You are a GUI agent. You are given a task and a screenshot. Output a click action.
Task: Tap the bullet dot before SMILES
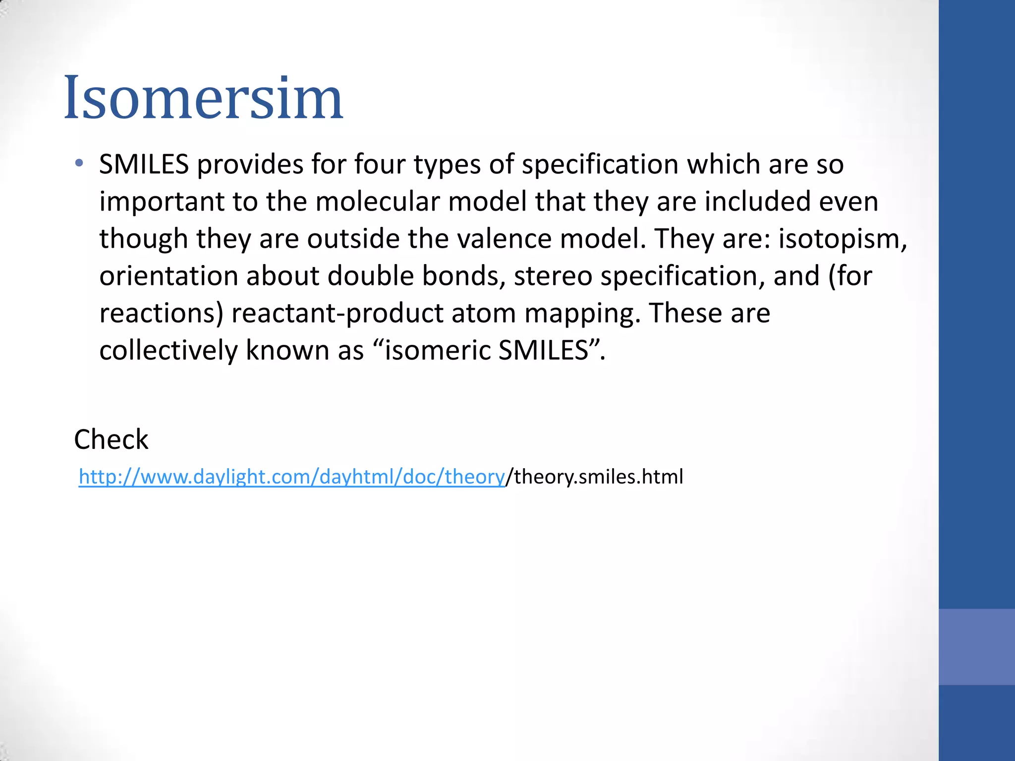[79, 163]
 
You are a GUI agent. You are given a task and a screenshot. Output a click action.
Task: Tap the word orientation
[169, 276]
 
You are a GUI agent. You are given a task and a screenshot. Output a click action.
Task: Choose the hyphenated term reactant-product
[337, 314]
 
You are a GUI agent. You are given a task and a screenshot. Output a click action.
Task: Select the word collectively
[168, 350]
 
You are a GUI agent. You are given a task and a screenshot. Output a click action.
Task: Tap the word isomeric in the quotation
[437, 350]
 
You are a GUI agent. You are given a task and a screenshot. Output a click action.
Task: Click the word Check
[111, 439]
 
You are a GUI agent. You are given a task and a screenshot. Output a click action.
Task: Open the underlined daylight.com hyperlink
[291, 477]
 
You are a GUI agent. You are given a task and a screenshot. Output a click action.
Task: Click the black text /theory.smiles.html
[594, 477]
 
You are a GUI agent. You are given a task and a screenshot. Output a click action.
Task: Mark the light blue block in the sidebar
[976, 647]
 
